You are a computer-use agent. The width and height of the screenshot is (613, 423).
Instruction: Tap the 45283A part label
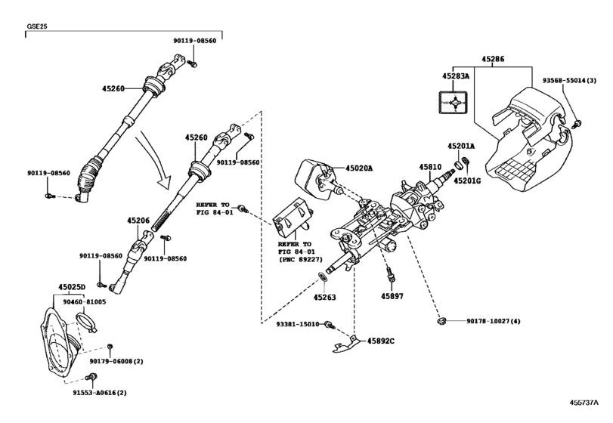click(457, 76)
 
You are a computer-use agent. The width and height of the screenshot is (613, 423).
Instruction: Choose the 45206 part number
click(139, 221)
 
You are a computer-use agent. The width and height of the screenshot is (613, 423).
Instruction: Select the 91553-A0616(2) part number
click(94, 393)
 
